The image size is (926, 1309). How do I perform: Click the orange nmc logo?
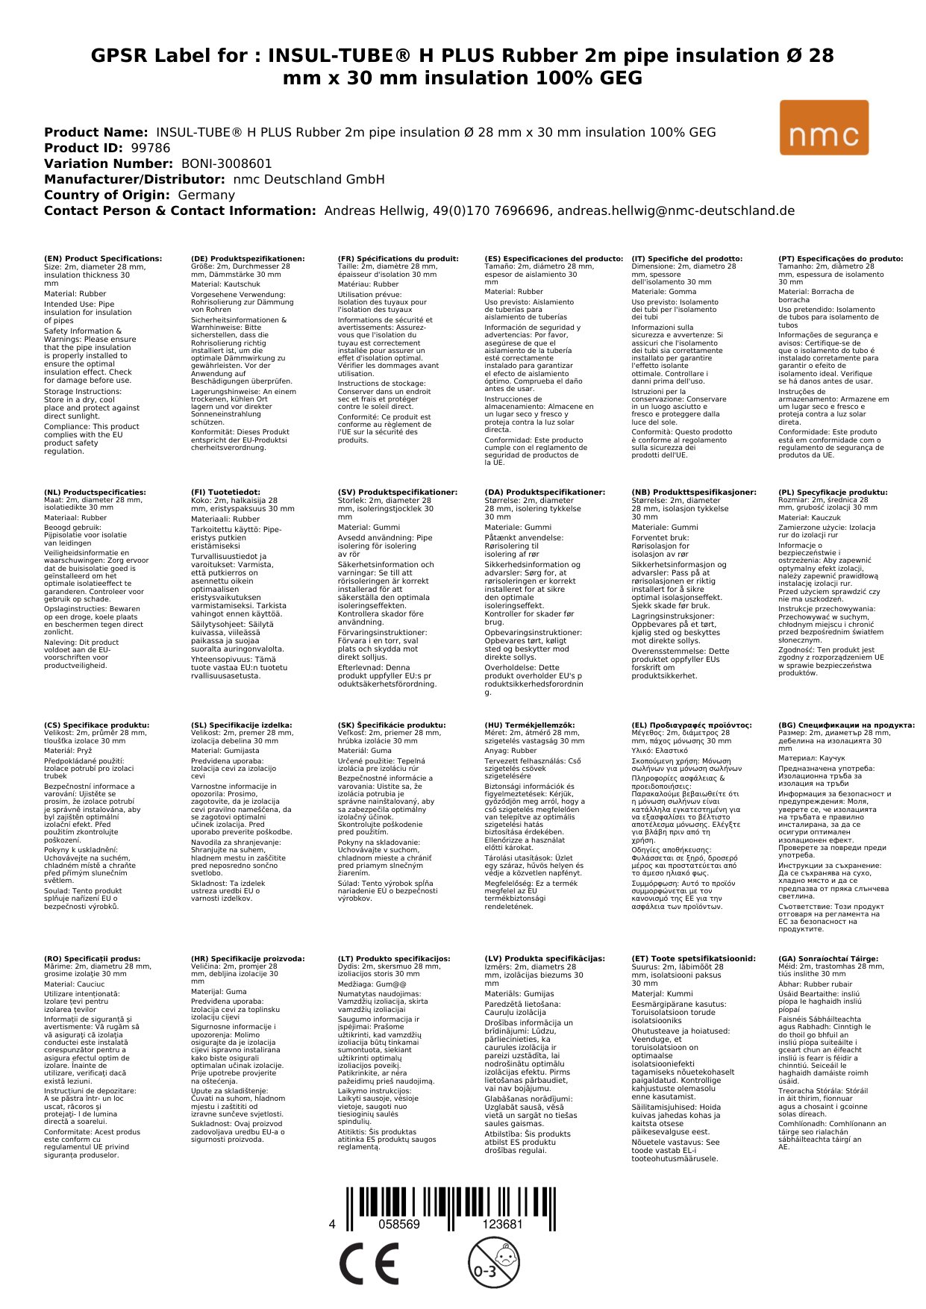pyautogui.click(x=824, y=128)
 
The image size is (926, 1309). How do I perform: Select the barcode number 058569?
pyautogui.click(x=399, y=1224)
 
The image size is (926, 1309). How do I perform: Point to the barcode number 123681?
pyautogui.click(x=502, y=1224)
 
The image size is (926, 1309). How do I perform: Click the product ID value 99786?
pyautogui.click(x=151, y=148)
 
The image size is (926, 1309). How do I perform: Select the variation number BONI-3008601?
pyautogui.click(x=226, y=163)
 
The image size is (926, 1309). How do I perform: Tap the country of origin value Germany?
pyautogui.click(x=206, y=195)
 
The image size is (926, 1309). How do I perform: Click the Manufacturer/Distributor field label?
pyautogui.click(x=134, y=179)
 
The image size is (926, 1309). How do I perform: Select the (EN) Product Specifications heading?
pyautogui.click(x=103, y=259)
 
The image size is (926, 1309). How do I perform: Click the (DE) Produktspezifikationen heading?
pyautogui.click(x=248, y=259)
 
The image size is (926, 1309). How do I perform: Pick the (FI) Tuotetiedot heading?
pyautogui.click(x=225, y=493)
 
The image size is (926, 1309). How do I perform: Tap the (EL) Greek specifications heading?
pyautogui.click(x=692, y=725)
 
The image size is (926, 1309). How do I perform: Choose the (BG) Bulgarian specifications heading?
pyautogui.click(x=846, y=725)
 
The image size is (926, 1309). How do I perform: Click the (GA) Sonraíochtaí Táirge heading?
pyautogui.click(x=828, y=959)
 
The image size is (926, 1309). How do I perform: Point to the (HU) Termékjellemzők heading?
pyautogui.click(x=530, y=725)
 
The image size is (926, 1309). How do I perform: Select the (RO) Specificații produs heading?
pyautogui.click(x=92, y=959)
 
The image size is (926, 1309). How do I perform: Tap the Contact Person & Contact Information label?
pyautogui.click(x=180, y=210)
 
